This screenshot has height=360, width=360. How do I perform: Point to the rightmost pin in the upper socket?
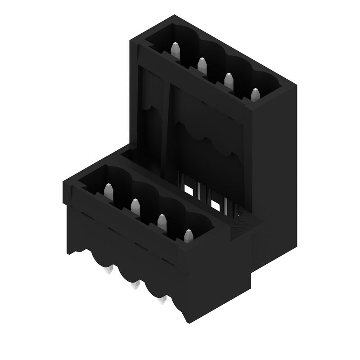pyautogui.click(x=256, y=95)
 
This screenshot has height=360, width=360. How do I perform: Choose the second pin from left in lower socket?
pyautogui.click(x=135, y=206)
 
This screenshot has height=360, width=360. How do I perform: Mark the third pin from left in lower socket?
pyautogui.click(x=162, y=221)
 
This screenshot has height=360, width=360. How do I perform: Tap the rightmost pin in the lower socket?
pyautogui.click(x=188, y=236)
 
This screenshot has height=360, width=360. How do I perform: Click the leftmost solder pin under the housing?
pyautogui.click(x=108, y=271)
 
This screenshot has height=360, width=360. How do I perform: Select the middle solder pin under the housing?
pyautogui.click(x=134, y=285)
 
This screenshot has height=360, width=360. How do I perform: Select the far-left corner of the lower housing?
pyautogui.click(x=63, y=182)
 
